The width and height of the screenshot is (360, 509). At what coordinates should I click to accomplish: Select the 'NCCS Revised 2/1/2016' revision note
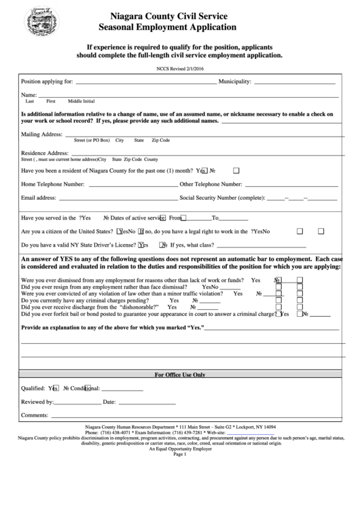[179, 69]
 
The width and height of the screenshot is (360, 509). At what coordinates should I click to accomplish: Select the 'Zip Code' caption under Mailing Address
[160, 140]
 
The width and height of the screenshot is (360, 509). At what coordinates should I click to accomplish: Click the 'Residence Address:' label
[45, 153]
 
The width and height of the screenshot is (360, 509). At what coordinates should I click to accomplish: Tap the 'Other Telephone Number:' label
[211, 183]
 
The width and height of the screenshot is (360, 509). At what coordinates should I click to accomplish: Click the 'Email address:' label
[38, 198]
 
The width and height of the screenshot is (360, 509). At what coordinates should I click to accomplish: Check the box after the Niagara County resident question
[236, 171]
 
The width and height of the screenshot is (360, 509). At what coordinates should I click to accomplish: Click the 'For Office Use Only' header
[180, 374]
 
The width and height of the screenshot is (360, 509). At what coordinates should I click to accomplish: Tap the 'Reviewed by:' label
[37, 402]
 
